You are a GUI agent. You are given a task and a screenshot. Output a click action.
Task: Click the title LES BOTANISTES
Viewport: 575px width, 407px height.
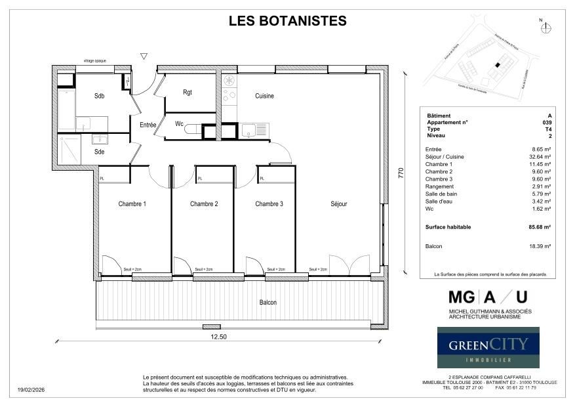(287, 21)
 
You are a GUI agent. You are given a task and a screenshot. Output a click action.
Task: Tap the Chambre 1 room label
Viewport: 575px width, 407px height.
(132, 204)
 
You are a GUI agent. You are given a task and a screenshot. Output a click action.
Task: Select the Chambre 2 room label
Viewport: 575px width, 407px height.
(204, 204)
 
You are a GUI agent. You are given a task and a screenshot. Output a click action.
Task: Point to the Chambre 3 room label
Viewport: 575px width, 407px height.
(269, 204)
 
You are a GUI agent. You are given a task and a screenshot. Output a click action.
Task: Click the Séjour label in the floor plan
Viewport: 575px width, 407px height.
(339, 204)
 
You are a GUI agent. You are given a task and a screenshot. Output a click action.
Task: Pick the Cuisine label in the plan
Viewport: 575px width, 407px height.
(264, 96)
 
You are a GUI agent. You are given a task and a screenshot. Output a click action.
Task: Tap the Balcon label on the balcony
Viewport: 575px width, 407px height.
(268, 303)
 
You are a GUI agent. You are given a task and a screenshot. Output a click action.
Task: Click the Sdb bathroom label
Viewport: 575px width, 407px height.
(99, 96)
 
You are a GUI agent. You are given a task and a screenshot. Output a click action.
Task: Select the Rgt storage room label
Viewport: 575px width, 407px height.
(188, 93)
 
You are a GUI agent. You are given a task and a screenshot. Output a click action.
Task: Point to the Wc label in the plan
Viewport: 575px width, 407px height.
(179, 123)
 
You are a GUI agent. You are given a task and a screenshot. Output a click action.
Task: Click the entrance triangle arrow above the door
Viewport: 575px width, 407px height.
(144, 57)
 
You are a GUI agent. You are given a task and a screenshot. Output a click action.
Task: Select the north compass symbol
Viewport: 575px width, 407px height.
(547, 28)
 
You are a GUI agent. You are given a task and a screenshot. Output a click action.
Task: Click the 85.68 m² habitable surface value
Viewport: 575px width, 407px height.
(540, 227)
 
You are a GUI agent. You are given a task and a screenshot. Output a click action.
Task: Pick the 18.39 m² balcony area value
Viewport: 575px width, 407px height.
(540, 246)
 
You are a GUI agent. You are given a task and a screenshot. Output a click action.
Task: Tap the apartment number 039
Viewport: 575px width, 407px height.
(547, 123)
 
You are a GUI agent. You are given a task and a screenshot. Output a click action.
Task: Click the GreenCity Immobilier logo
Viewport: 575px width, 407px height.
(488, 347)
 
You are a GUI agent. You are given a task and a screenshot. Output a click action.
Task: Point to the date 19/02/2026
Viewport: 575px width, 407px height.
(31, 390)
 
